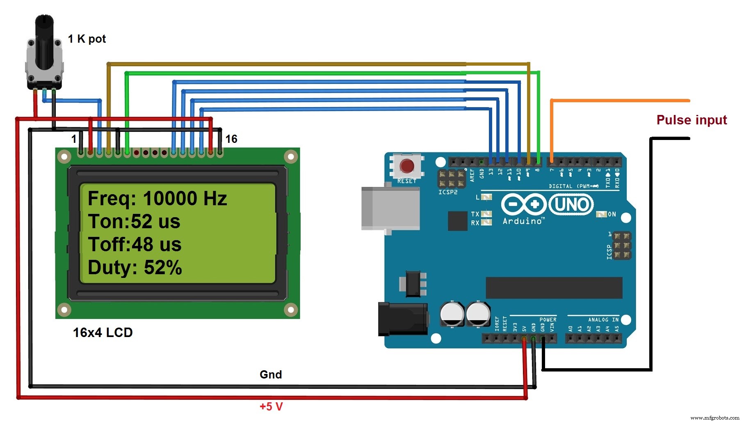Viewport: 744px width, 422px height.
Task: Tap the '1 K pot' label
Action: point(87,39)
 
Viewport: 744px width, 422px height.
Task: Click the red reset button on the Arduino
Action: point(407,166)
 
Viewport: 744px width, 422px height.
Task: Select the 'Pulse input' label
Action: point(692,120)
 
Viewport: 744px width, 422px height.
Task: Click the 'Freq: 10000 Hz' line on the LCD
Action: point(157,199)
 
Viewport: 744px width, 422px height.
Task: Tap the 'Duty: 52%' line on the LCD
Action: point(135,268)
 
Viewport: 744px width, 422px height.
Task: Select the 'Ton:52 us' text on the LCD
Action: point(134,222)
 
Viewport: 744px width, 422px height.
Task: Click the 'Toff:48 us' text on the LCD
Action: point(135,245)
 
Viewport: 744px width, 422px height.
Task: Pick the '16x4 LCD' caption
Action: point(103,333)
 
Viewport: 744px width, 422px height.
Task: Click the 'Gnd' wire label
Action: point(271,374)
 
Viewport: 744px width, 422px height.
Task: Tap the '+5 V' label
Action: point(271,406)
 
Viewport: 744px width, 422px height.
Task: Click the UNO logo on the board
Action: point(571,204)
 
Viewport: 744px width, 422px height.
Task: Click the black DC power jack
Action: point(402,319)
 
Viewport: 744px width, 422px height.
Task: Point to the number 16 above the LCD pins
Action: point(231,139)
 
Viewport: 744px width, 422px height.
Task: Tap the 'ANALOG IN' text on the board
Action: point(603,320)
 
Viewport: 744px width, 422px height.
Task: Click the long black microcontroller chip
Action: point(554,287)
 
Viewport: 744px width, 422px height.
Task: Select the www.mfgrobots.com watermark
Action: point(714,417)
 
